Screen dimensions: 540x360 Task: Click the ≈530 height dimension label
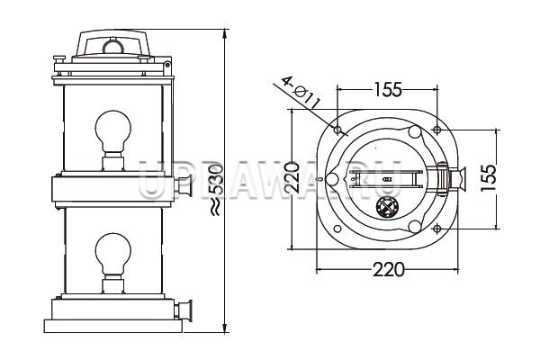coord(216,190)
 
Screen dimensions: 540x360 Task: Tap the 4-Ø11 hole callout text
coord(301,92)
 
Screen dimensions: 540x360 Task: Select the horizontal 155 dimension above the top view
coord(388,89)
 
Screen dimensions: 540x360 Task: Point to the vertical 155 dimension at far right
coord(489,178)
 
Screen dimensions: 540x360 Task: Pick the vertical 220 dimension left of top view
coord(292,178)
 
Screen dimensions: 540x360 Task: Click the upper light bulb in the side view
coord(113,131)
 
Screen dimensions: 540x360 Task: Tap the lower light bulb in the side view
coord(113,254)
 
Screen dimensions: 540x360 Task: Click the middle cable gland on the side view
coord(184,186)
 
